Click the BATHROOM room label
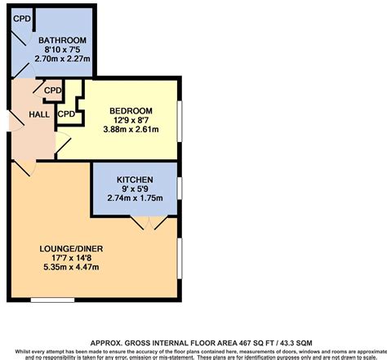[64, 41]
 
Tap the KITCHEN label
[133, 178]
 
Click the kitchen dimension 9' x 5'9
[133, 189]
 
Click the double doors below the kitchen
[149, 223]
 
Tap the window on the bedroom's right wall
[179, 118]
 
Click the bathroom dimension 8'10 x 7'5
[64, 51]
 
